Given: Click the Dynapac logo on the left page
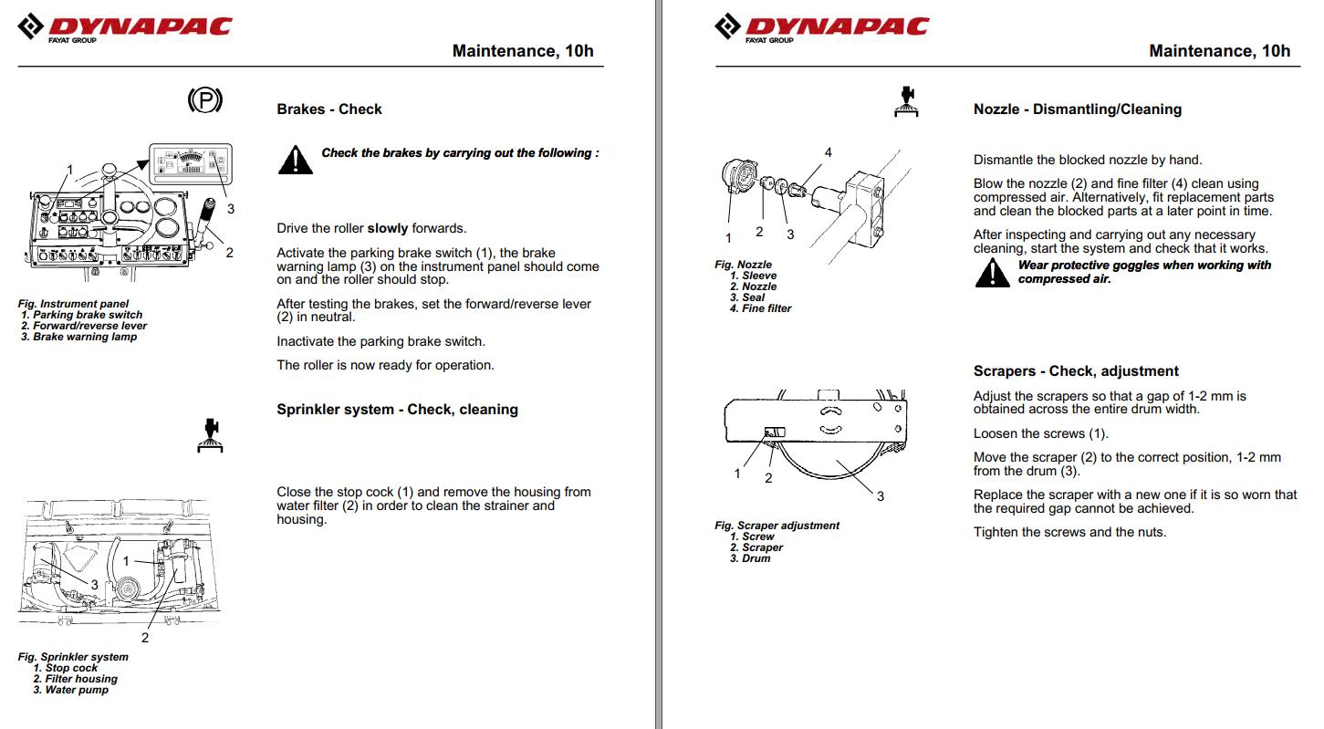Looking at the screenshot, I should point(125,27).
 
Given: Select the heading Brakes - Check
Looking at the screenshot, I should point(329,109).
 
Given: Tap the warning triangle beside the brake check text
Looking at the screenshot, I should point(295,161).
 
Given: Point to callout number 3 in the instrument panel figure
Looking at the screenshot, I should point(231,209).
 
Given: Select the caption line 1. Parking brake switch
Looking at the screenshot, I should point(81,315).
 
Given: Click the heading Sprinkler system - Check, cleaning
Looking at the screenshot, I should point(397,410).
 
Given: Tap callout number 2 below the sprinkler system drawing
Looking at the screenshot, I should point(144,638).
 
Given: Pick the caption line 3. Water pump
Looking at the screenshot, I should point(70,690).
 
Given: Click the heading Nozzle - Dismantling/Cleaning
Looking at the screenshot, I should point(1077,109).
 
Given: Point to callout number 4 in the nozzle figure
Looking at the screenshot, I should point(828,152).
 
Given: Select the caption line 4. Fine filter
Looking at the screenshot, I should point(760,308).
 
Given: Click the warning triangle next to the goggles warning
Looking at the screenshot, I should point(992,273).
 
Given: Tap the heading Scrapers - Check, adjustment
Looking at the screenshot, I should point(1076,371).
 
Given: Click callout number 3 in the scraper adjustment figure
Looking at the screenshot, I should point(880,496).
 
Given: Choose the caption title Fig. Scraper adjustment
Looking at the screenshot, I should point(777,526).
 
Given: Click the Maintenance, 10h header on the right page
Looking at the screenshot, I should point(1219,51).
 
